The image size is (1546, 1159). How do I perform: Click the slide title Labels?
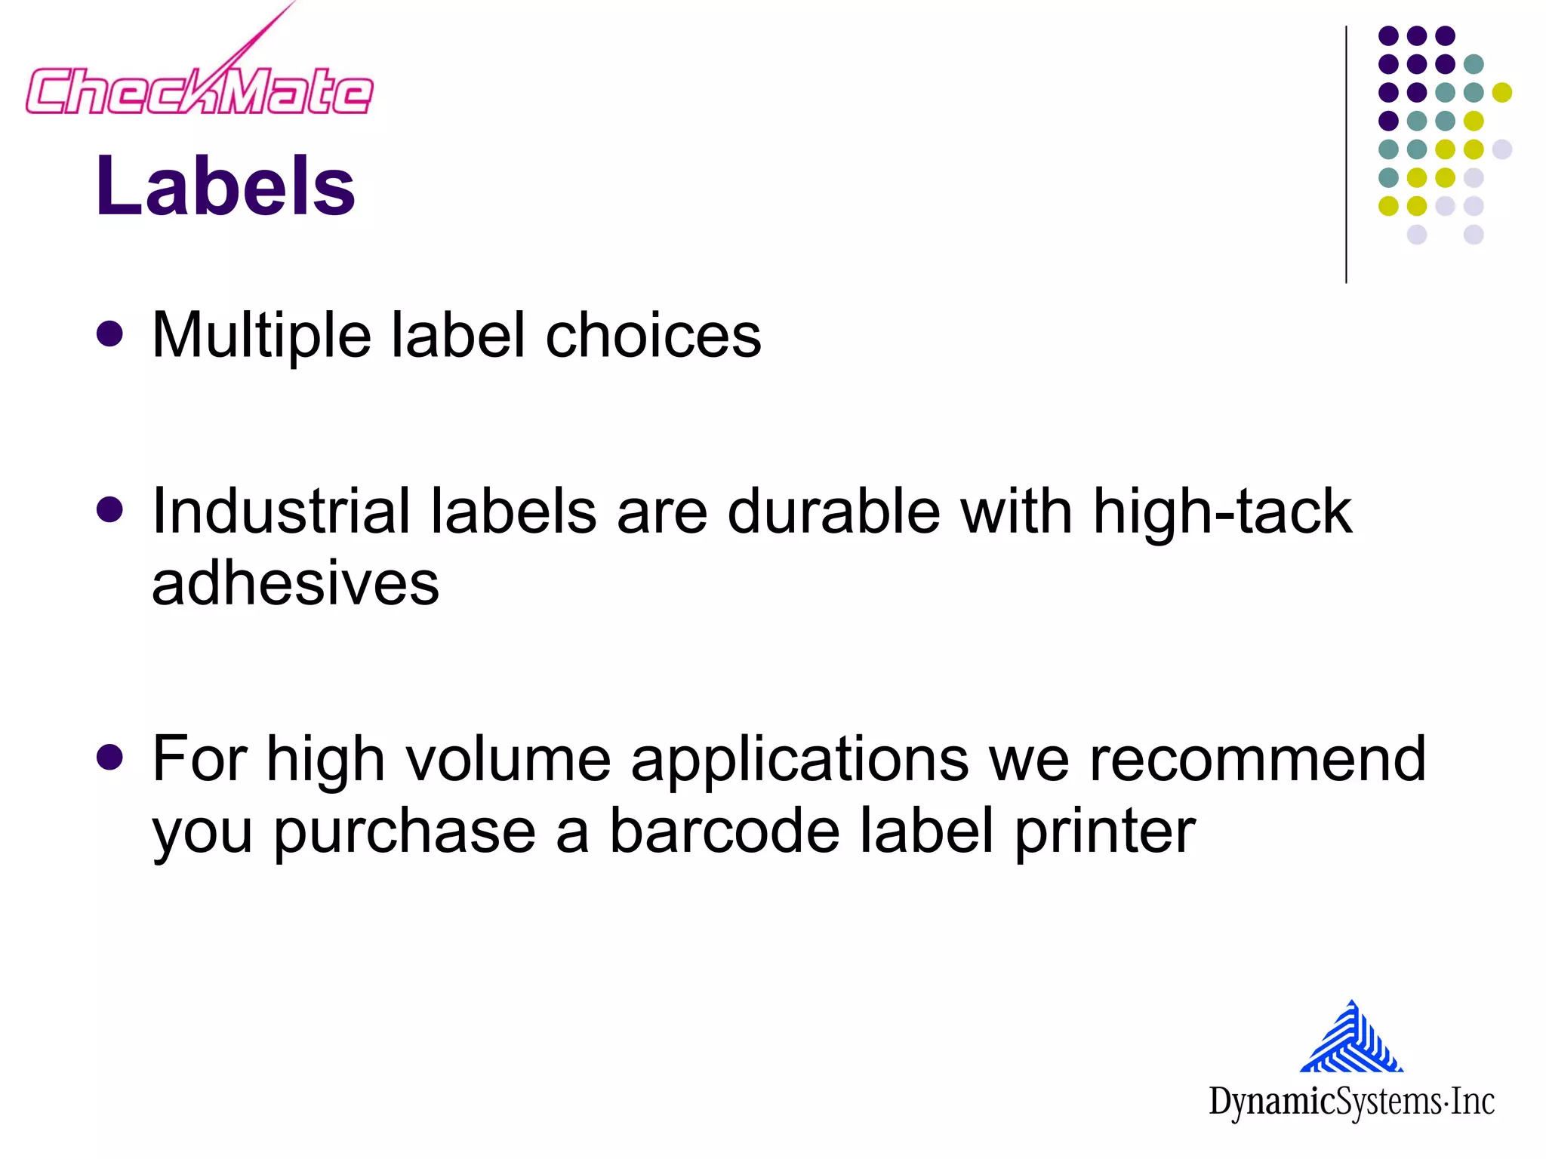click(225, 186)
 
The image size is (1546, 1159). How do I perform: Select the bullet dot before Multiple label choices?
click(110, 334)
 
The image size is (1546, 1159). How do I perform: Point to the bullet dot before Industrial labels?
click(110, 510)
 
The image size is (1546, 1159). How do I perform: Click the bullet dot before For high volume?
click(110, 757)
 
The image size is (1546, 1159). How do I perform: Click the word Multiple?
click(261, 336)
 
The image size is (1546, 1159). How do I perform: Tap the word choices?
click(653, 336)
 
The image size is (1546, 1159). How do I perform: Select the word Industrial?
click(280, 512)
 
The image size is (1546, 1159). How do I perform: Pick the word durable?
click(833, 512)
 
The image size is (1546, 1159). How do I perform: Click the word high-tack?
click(1222, 512)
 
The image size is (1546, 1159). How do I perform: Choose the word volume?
click(508, 759)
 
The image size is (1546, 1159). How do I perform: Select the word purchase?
click(404, 832)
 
